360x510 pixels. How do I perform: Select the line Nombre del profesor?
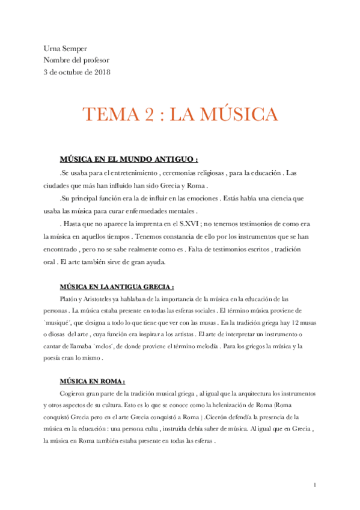click(x=76, y=60)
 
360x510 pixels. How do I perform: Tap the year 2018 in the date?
click(x=100, y=72)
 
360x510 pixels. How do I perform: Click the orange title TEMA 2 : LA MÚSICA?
click(x=180, y=115)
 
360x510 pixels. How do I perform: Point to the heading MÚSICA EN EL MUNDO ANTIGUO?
click(x=129, y=160)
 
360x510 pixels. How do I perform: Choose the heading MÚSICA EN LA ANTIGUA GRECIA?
click(x=117, y=286)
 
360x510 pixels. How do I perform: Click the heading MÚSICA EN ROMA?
click(x=92, y=381)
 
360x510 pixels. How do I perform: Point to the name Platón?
click(x=70, y=298)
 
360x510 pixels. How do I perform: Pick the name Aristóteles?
click(x=102, y=298)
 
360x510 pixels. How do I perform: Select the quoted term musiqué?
click(x=61, y=323)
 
